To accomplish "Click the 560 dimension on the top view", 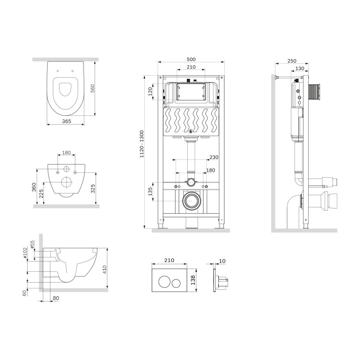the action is coord(92,89).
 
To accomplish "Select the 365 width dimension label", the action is coord(67,121).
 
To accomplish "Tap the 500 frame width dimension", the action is coord(191,59).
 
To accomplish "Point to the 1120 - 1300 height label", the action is coord(141,144).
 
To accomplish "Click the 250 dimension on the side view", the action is coord(292,61).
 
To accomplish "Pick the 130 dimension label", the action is coord(300,68).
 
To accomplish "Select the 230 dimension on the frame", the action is coord(214,157).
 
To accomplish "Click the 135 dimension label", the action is coord(150,192).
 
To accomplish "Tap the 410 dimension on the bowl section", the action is coord(104,270).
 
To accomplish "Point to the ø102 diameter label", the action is coord(25,253).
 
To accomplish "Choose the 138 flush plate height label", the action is coord(193,280).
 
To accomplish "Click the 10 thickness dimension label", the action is coord(222,261).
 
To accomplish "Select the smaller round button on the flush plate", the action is coord(176,282).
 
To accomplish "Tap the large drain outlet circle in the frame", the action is coord(192,200).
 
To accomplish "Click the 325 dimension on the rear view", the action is coord(93,189).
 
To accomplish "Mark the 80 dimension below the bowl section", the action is coord(56,298).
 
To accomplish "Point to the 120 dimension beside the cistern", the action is coord(150,91).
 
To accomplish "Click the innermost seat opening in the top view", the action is coord(65,89).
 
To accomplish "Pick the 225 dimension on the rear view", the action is coord(41,194).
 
